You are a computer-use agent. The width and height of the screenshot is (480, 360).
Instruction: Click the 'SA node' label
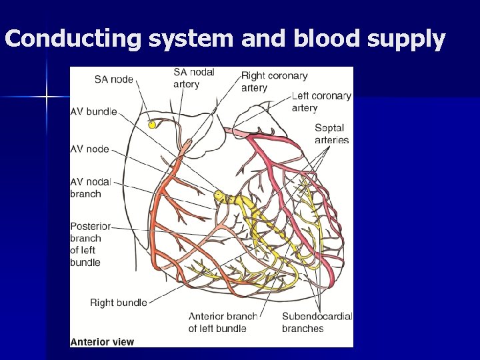pyautogui.click(x=113, y=79)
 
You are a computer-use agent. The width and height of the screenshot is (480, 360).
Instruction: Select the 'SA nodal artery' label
pyautogui.click(x=193, y=78)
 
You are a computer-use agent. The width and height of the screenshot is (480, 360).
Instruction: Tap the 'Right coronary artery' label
pyautogui.click(x=274, y=82)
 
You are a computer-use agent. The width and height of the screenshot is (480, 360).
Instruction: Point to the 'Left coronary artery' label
pyautogui.click(x=321, y=101)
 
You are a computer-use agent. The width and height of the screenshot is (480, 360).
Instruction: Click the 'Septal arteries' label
pyautogui.click(x=331, y=134)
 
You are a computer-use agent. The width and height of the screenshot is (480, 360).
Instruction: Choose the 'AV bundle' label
pyautogui.click(x=93, y=112)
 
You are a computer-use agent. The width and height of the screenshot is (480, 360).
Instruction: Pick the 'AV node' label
pyautogui.click(x=89, y=149)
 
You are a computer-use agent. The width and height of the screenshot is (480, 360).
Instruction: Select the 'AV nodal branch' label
pyautogui.click(x=90, y=187)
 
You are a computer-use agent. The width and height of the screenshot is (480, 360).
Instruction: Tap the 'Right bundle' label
pyautogui.click(x=118, y=303)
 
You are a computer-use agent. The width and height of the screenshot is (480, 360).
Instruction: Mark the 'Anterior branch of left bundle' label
pyautogui.click(x=223, y=322)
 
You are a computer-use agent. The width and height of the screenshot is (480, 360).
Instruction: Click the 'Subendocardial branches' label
pyautogui.click(x=317, y=322)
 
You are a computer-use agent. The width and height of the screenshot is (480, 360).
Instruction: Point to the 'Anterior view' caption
pyautogui.click(x=102, y=342)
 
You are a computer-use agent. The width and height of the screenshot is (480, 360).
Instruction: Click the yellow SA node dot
pyautogui.click(x=152, y=125)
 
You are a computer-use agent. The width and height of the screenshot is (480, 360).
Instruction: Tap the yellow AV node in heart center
pyautogui.click(x=219, y=196)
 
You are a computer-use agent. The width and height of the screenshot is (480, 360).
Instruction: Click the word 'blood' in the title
pyautogui.click(x=324, y=39)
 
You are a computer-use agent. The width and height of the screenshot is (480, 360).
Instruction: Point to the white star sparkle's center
pyautogui.click(x=47, y=97)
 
